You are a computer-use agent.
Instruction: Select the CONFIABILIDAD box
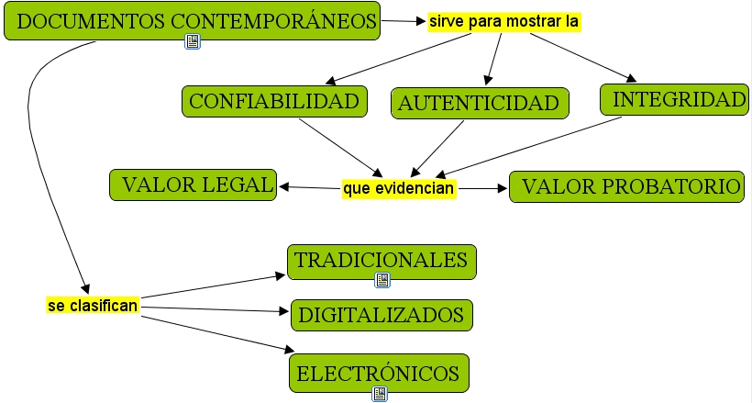274,101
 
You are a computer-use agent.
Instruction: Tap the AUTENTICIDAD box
480,103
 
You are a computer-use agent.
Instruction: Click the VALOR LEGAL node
193,185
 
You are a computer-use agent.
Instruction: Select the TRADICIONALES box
381,261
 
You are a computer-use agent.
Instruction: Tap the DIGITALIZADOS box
382,315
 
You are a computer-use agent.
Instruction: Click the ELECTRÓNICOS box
379,374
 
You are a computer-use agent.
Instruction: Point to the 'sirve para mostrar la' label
504,21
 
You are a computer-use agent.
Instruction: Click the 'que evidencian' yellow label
399,188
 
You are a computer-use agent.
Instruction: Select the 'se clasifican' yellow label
93,305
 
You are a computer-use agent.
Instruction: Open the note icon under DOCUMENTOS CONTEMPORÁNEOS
193,41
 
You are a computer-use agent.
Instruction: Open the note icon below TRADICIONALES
382,280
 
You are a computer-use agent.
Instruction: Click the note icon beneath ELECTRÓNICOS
380,394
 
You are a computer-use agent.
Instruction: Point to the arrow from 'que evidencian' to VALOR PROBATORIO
482,188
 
